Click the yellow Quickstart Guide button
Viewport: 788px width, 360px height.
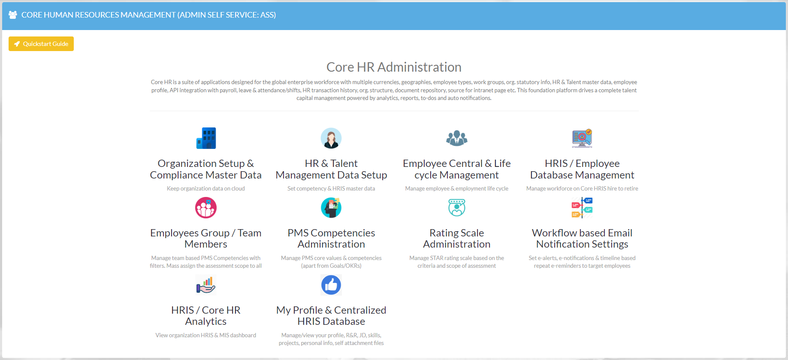[41, 44]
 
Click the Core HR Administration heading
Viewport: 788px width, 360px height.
[394, 67]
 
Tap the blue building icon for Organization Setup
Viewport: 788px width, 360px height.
[206, 138]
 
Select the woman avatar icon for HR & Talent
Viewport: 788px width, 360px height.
[331, 138]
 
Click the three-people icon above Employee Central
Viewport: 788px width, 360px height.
[457, 138]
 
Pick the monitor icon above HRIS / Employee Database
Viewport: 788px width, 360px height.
[582, 138]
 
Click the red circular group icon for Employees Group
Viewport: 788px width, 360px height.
[206, 208]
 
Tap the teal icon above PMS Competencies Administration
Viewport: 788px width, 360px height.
[331, 208]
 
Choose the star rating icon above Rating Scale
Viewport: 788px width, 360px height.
[457, 208]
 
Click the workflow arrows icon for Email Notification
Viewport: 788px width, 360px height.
[582, 208]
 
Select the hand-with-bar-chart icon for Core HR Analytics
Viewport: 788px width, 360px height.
[206, 285]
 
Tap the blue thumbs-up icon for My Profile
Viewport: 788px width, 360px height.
[331, 285]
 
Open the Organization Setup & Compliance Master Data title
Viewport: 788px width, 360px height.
[206, 169]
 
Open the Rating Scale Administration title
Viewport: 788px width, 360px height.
[457, 239]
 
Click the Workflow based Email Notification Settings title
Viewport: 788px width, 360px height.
[582, 239]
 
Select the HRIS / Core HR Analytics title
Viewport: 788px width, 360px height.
[206, 316]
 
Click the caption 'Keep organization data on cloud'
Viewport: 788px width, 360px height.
[206, 188]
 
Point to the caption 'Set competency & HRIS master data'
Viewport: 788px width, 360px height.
[331, 188]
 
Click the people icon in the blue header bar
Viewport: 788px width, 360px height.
[13, 15]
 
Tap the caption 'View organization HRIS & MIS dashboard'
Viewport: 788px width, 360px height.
[206, 335]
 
